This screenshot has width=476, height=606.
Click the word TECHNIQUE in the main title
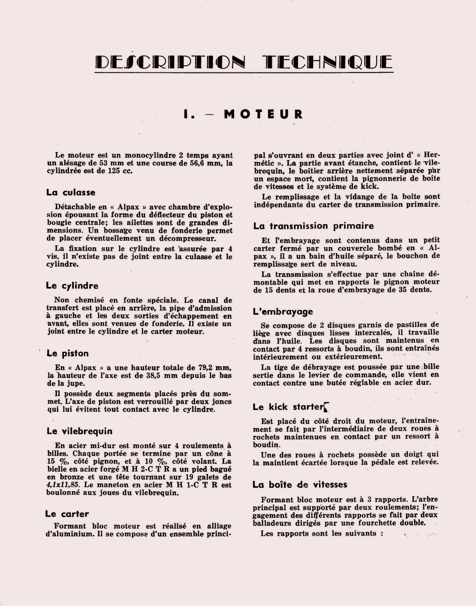click(328, 62)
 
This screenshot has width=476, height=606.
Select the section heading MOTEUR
click(263, 114)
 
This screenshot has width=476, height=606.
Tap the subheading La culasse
click(70, 193)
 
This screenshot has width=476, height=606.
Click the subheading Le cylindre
click(72, 286)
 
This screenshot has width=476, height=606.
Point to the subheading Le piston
click(68, 353)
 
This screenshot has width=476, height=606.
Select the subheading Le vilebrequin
click(79, 431)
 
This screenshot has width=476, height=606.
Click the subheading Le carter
click(67, 514)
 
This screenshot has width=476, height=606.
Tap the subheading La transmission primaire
click(313, 226)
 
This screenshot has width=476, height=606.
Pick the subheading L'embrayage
click(283, 312)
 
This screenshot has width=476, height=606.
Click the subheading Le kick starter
click(288, 407)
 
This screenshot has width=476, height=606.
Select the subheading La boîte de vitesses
click(300, 485)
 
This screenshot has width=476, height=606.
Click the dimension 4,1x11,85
click(65, 485)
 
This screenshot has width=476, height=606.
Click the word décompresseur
click(186, 238)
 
